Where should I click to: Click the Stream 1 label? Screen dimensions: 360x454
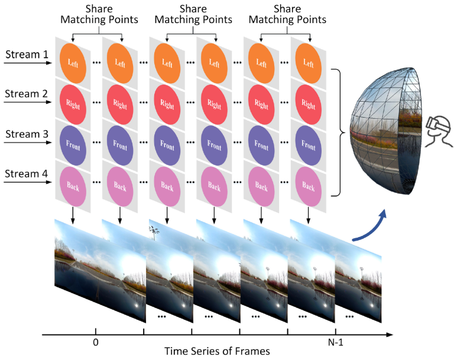click(x=26, y=55)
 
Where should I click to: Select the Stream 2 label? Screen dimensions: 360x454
click(x=26, y=94)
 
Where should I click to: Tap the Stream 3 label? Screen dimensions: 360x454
click(x=26, y=134)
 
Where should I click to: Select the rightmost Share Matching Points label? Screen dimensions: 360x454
click(x=287, y=15)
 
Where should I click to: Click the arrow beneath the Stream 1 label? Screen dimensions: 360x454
click(x=27, y=63)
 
